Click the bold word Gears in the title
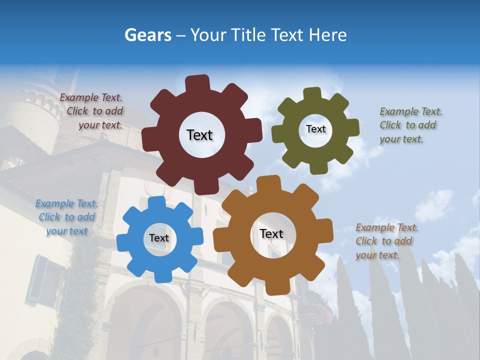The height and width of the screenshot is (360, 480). [147, 35]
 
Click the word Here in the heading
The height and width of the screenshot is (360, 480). [327, 35]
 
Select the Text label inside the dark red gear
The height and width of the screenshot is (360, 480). [199, 135]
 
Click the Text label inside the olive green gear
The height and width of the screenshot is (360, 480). [315, 129]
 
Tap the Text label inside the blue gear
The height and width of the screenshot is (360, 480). [159, 238]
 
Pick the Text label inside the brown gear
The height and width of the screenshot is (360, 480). [271, 233]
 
